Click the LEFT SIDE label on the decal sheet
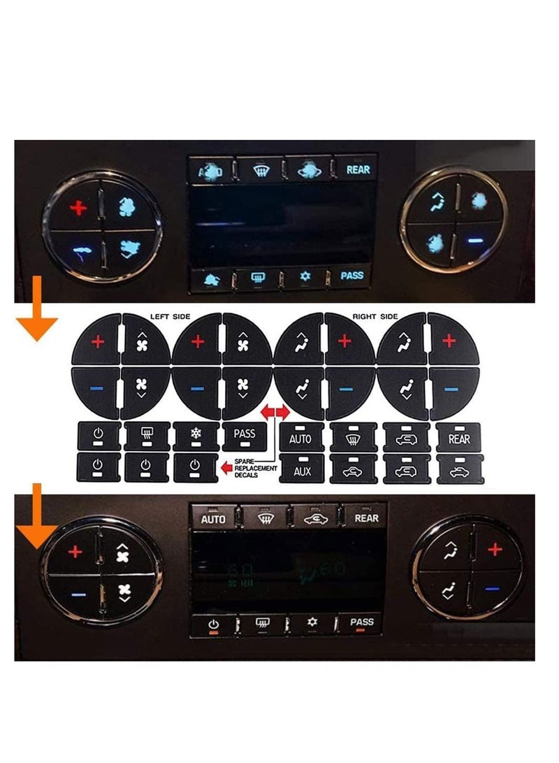[x=170, y=317]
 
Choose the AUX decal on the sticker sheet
[x=302, y=471]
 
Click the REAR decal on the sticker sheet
[x=458, y=438]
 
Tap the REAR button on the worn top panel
[x=358, y=169]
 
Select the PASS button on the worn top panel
[x=351, y=276]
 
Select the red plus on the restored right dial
[x=495, y=550]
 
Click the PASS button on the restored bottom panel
[x=362, y=622]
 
